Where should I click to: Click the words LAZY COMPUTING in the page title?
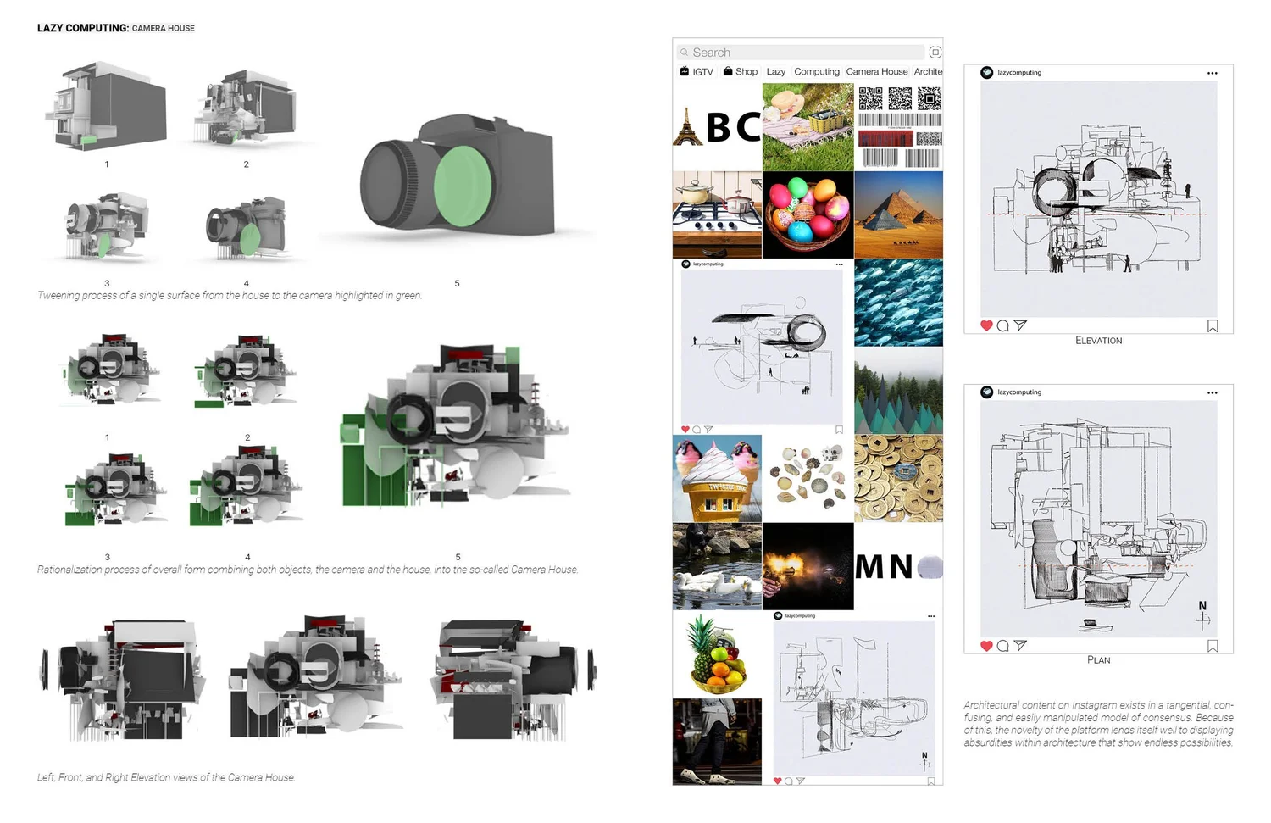[x=82, y=28]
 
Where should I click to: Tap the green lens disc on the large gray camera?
[x=462, y=186]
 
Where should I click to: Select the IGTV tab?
[x=697, y=72]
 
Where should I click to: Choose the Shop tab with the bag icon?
[x=741, y=72]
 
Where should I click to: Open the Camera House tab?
[x=876, y=72]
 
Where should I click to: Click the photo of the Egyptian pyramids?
[x=898, y=215]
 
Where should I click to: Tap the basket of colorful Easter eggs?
[x=808, y=215]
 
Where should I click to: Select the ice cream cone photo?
[x=717, y=479]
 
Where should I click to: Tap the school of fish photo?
[x=898, y=303]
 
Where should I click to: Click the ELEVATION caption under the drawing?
[x=1098, y=341]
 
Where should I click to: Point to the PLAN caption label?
[x=1098, y=660]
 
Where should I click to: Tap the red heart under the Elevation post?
[x=986, y=325]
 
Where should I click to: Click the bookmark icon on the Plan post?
[x=1213, y=646]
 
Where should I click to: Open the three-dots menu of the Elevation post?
[x=1213, y=74]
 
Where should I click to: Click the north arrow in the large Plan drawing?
[x=1202, y=617]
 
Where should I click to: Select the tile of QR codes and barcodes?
[x=899, y=127]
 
